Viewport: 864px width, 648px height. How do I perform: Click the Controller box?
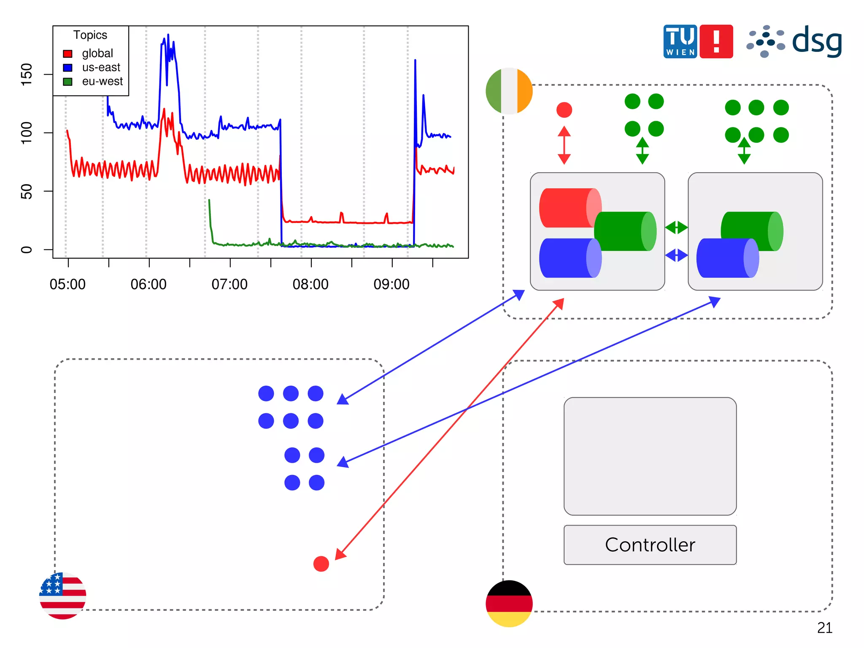pyautogui.click(x=650, y=545)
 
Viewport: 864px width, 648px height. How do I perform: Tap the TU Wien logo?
pyautogui.click(x=680, y=41)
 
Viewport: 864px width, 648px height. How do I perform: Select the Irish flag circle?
pyautogui.click(x=509, y=91)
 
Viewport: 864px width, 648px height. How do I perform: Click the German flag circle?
pyautogui.click(x=509, y=603)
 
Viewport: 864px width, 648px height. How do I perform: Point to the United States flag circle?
pyautogui.click(x=63, y=595)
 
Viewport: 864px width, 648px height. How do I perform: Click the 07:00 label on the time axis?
pyautogui.click(x=229, y=285)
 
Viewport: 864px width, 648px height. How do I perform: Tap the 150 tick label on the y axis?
pyautogui.click(x=27, y=74)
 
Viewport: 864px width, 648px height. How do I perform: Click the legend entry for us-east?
pyautogui.click(x=101, y=68)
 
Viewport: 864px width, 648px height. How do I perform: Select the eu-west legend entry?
pyautogui.click(x=102, y=81)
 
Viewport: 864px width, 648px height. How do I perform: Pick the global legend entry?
pyautogui.click(x=97, y=54)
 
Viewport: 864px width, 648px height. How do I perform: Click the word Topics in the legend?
pyautogui.click(x=90, y=35)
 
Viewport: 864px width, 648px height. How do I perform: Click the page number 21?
pyautogui.click(x=825, y=628)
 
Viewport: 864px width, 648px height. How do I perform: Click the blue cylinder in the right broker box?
pyautogui.click(x=727, y=258)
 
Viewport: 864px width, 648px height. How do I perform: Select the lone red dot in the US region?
pyautogui.click(x=321, y=564)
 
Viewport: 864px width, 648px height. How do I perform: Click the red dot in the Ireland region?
pyautogui.click(x=564, y=110)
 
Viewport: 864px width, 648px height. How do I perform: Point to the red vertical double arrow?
pyautogui.click(x=564, y=145)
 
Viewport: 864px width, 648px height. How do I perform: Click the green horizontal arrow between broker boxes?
pyautogui.click(x=676, y=228)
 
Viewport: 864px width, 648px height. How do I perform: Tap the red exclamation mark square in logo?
pyautogui.click(x=716, y=41)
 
